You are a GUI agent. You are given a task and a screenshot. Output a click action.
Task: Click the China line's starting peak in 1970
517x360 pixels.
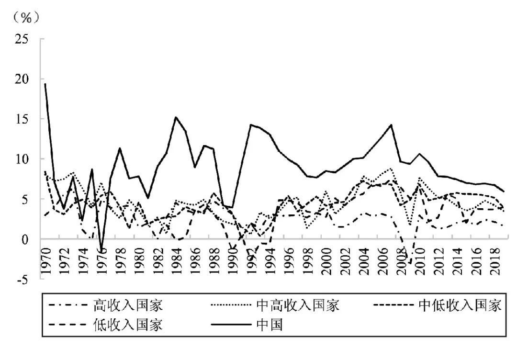click(x=45, y=84)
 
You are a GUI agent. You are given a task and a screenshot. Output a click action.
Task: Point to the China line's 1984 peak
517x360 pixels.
click(x=176, y=117)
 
